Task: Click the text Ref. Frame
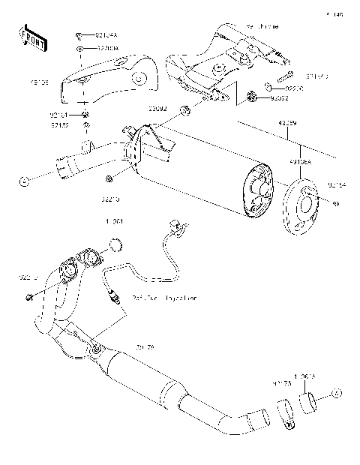(x=259, y=26)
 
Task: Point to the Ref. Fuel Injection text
(x=164, y=298)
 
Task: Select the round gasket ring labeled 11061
(x=115, y=243)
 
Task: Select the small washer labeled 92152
(x=86, y=124)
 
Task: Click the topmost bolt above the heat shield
(x=79, y=34)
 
